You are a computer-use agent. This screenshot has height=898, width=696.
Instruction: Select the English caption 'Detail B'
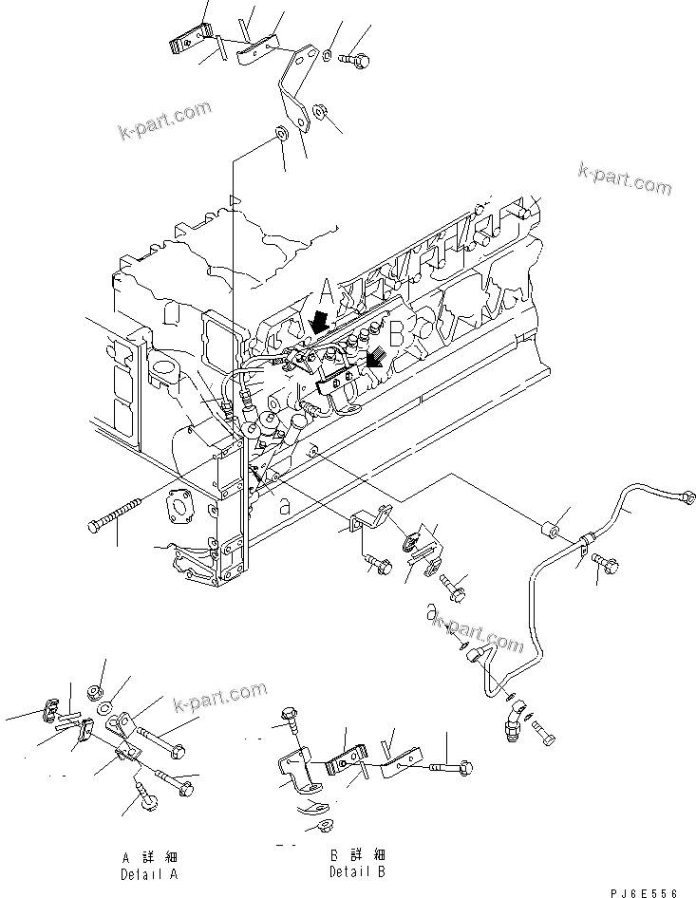pyautogui.click(x=357, y=871)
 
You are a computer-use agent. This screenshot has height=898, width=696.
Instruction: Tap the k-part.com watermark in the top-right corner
pyautogui.click(x=624, y=178)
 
